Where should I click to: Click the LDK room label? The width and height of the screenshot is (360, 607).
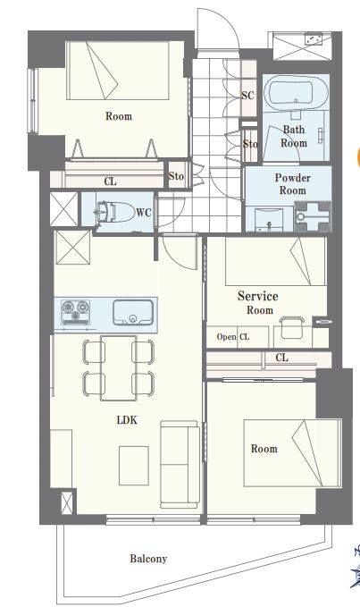pyautogui.click(x=127, y=420)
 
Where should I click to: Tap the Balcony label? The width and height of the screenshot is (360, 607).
pyautogui.click(x=148, y=559)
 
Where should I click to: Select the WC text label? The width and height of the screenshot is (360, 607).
pyautogui.click(x=144, y=213)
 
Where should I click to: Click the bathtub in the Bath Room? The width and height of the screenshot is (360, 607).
pyautogui.click(x=297, y=92)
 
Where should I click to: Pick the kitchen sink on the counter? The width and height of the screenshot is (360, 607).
pyautogui.click(x=133, y=312)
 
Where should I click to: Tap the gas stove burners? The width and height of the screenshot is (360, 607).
pyautogui.click(x=75, y=312)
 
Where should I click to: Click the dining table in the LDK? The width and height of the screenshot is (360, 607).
pyautogui.click(x=118, y=367)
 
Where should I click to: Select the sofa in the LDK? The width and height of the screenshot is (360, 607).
pyautogui.click(x=180, y=465)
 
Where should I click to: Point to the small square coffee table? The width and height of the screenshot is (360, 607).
pyautogui.click(x=134, y=466)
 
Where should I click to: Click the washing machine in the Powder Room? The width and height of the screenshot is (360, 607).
pyautogui.click(x=313, y=216)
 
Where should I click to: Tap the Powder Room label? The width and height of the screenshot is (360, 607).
pyautogui.click(x=293, y=184)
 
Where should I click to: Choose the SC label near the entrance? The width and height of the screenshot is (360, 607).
pyautogui.click(x=248, y=96)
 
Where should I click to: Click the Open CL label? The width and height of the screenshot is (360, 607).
pyautogui.click(x=233, y=337)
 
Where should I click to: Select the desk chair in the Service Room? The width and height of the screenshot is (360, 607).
pyautogui.click(x=292, y=327)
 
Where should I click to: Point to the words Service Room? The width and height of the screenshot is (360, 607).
pyautogui.click(x=258, y=303)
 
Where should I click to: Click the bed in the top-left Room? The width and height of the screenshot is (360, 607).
pyautogui.click(x=118, y=70)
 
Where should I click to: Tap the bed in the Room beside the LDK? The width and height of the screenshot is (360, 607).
pyautogui.click(x=292, y=452)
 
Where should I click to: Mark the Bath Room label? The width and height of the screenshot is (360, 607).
pyautogui.click(x=294, y=136)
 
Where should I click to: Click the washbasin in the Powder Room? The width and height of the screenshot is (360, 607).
pyautogui.click(x=270, y=219)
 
